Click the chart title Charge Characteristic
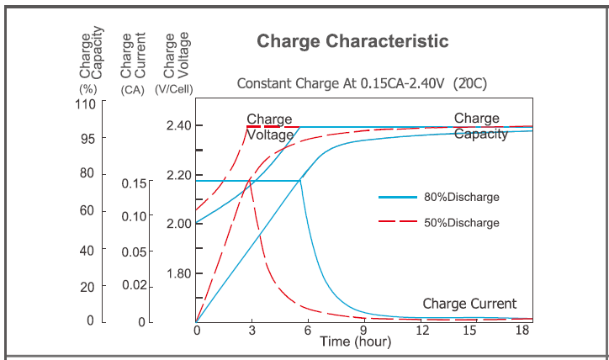click(352, 41)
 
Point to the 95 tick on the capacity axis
click(87, 137)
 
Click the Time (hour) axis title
click(356, 342)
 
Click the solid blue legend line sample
click(398, 197)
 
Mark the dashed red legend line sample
click(398, 223)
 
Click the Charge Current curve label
click(469, 304)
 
